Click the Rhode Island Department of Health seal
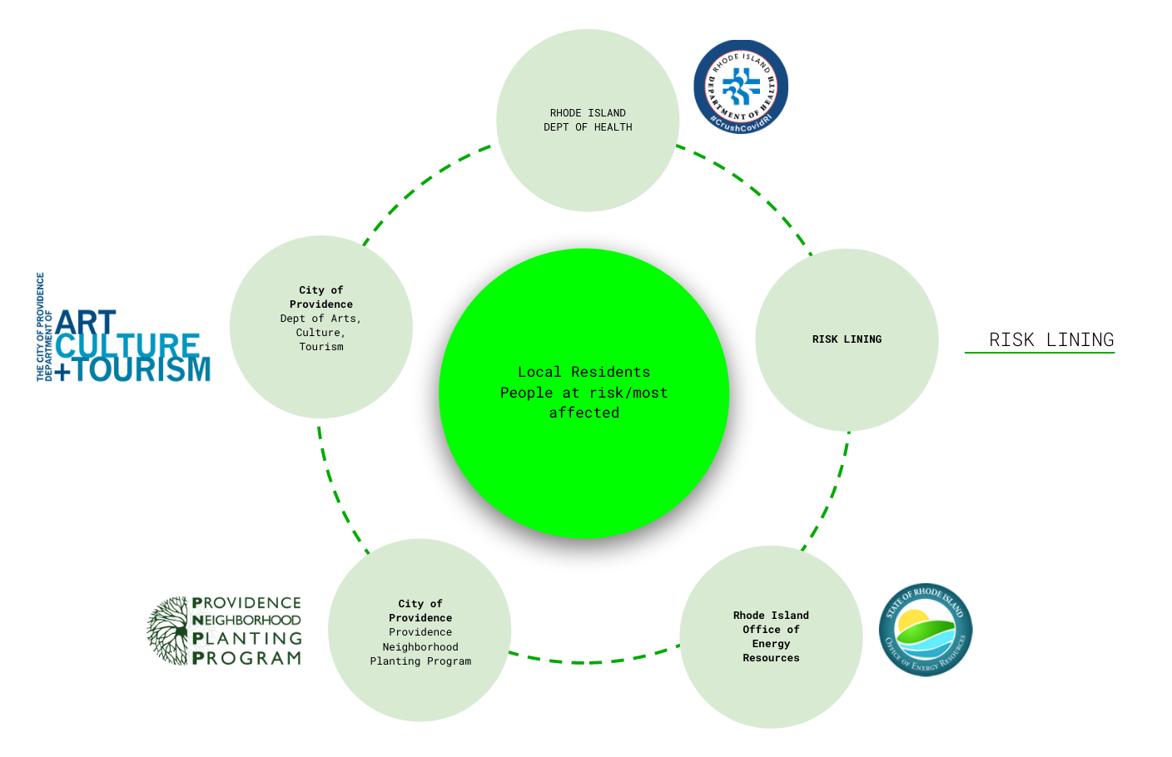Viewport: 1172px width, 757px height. pos(740,87)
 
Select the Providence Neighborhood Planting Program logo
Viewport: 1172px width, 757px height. pos(225,631)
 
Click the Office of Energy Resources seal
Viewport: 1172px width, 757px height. pos(926,629)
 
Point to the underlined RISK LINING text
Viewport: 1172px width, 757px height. pos(1050,339)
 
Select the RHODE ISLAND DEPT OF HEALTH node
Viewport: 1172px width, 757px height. pos(588,166)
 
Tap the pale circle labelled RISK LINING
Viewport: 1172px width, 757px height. pos(847,374)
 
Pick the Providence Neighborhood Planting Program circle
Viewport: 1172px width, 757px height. pos(420,690)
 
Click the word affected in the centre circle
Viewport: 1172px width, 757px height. pos(584,413)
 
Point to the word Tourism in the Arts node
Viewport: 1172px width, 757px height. pos(321,347)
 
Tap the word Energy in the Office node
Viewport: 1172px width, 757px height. pos(771,644)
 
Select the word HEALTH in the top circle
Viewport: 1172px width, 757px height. pos(613,127)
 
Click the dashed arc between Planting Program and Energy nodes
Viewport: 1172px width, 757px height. pos(591,662)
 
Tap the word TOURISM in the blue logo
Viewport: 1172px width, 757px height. pos(143,369)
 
